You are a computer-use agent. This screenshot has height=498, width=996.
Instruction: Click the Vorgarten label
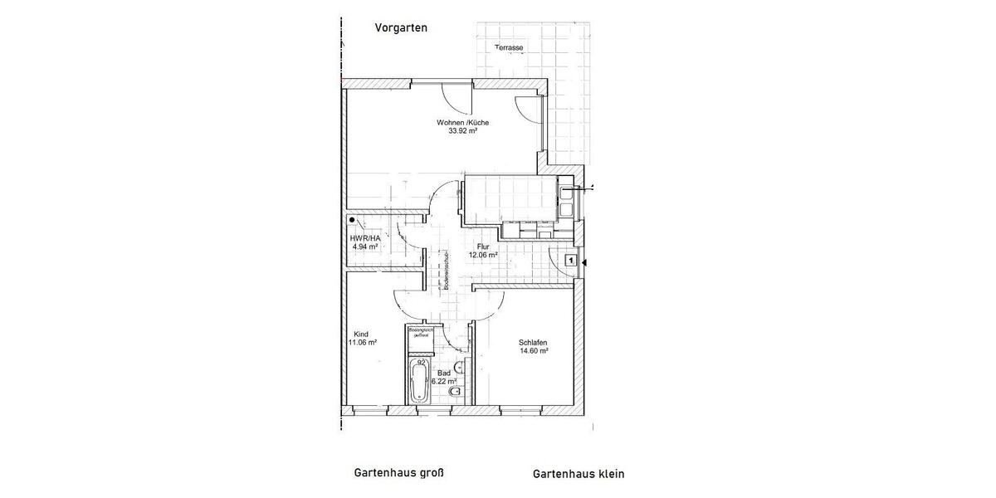tap(401, 27)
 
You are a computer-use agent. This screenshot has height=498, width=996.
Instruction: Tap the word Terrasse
tap(509, 48)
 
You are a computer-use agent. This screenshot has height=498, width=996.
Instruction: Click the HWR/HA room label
tap(365, 237)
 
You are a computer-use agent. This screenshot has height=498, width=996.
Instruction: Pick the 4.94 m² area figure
tap(365, 247)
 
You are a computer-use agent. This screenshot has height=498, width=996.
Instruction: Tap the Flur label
tap(482, 247)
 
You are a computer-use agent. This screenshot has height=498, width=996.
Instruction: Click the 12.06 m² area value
tap(482, 256)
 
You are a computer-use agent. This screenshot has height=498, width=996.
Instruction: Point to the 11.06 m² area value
tap(363, 342)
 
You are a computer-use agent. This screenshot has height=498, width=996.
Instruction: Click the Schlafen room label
tap(533, 342)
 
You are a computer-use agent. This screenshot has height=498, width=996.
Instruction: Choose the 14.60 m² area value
tap(533, 351)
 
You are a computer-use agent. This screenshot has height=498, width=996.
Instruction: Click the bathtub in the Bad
tap(419, 383)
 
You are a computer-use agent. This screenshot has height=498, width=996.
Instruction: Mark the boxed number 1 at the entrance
tap(569, 261)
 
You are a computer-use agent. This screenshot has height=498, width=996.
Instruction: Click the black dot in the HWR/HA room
tap(353, 221)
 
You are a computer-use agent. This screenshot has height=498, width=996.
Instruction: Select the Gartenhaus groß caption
tap(399, 473)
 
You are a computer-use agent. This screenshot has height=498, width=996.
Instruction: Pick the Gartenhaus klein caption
tap(578, 474)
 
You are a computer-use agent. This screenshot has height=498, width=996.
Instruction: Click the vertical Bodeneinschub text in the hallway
tap(447, 270)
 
